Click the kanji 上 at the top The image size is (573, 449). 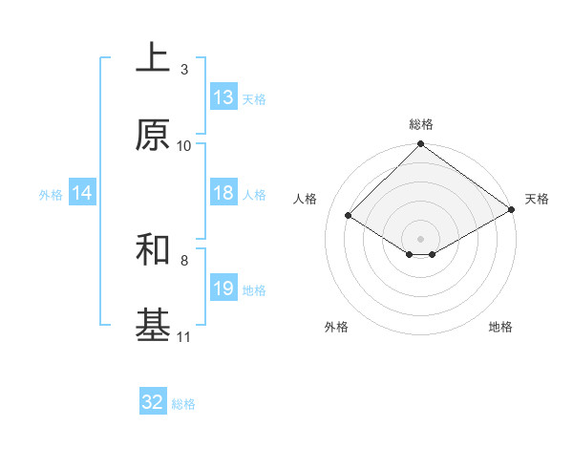153,58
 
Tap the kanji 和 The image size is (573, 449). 153,249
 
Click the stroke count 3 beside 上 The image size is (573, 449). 184,70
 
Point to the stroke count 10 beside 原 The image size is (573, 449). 184,146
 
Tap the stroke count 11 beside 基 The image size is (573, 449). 184,337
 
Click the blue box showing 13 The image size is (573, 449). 223,97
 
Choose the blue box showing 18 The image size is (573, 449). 223,193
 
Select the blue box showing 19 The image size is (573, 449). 223,289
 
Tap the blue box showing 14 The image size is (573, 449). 82,193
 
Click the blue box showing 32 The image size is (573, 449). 153,402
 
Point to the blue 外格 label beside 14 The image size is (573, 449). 51,194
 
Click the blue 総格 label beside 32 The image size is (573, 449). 183,403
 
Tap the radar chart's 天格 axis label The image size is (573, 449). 537,199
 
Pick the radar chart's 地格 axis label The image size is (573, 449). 500,328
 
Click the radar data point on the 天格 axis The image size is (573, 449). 512,210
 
